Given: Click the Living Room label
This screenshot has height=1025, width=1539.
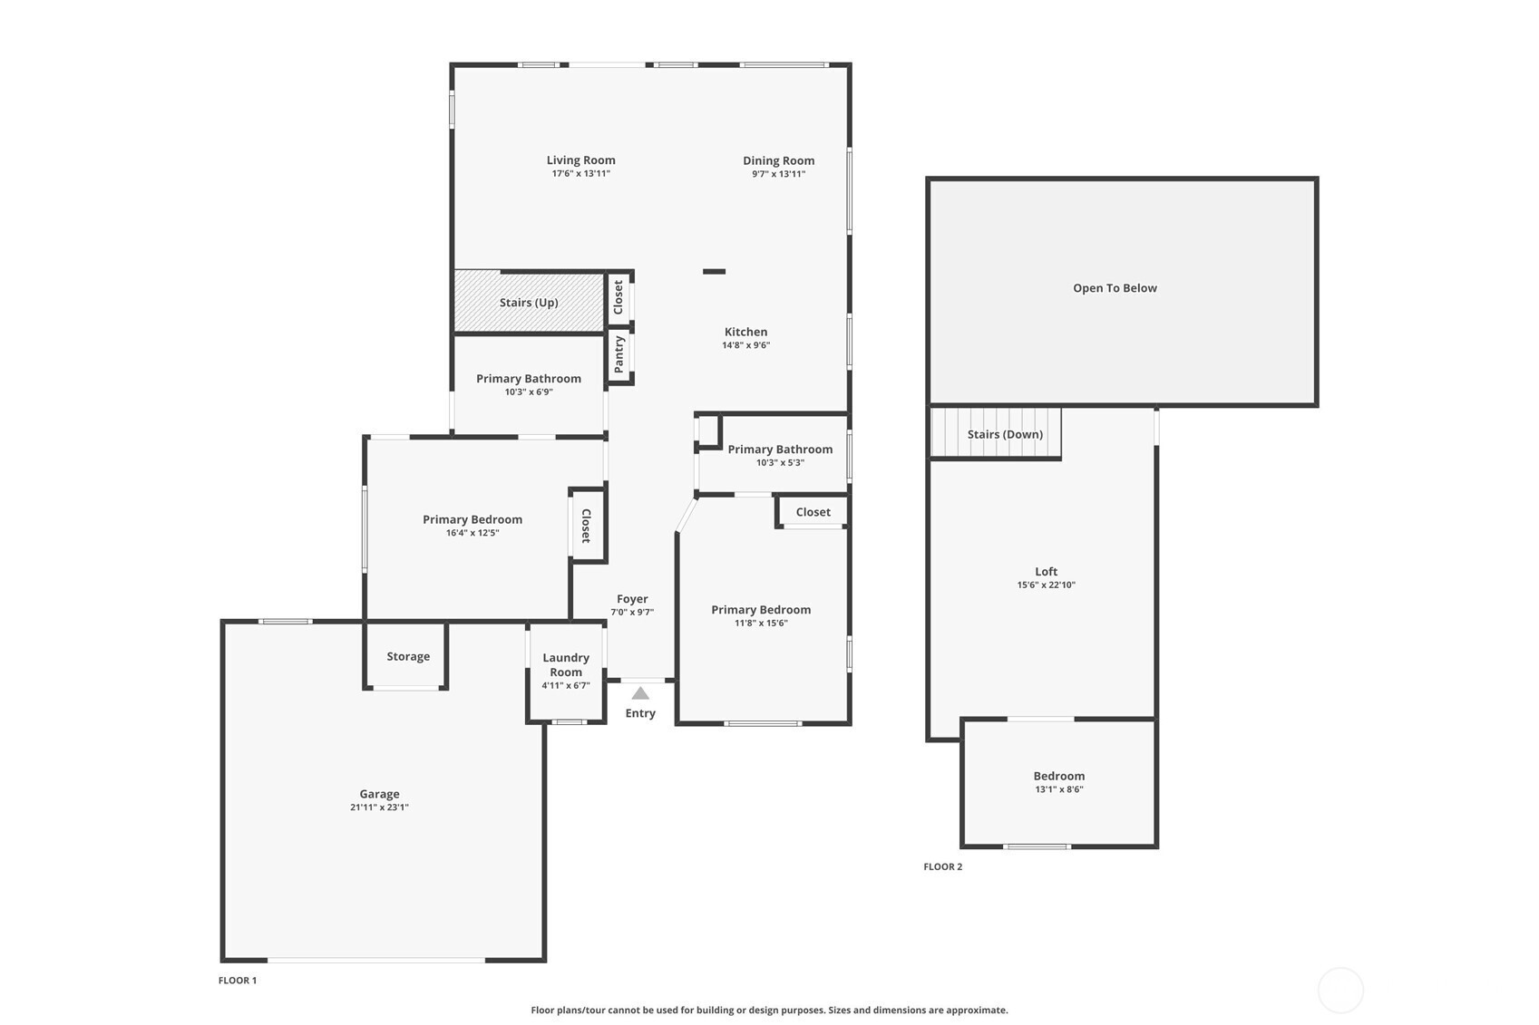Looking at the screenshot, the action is coord(580,160).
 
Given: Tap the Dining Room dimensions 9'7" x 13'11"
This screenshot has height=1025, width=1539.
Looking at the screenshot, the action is coord(778,174).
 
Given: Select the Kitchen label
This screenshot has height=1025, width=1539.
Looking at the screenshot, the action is coord(745,332).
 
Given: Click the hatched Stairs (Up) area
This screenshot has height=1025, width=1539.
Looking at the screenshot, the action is coord(529,302).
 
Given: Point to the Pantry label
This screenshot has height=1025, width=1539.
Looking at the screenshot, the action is coord(619,354).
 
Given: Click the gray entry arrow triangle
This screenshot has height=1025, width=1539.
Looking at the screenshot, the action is coord(640,692).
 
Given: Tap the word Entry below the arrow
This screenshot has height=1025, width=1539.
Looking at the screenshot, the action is coord(640,713).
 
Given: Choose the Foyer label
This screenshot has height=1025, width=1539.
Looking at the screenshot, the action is coord(632,599).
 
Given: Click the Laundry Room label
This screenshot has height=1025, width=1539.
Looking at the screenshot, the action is coord(565,664).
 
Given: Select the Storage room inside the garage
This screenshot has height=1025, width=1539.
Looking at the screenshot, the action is coord(407,656).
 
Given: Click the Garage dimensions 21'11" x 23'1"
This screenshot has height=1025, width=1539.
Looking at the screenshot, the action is coord(379,807).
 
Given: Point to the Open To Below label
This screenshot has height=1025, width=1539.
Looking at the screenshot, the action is coord(1115,288).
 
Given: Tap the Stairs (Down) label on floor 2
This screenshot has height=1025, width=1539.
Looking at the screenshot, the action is coord(1005,435).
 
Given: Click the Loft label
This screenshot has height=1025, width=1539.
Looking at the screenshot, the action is coord(1046,571).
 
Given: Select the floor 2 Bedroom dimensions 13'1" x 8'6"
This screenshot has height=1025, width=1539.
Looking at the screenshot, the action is coord(1058,789).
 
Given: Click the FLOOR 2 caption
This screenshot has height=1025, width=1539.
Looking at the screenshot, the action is coord(942,866).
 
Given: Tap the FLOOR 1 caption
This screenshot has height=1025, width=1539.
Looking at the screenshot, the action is coord(237,981).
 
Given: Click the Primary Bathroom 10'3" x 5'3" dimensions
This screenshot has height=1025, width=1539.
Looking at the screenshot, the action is coord(780,463).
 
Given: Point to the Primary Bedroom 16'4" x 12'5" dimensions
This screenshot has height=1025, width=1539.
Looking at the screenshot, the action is coord(472,533).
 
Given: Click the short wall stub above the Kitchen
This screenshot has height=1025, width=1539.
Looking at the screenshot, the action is coord(714,271).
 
